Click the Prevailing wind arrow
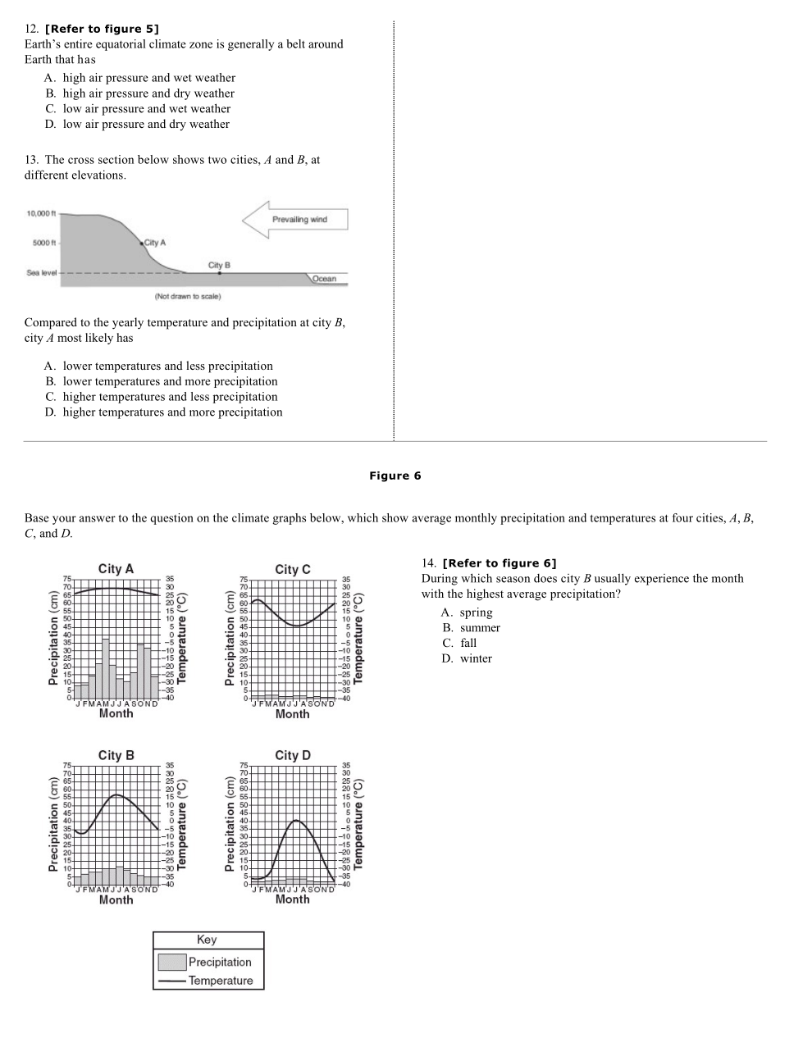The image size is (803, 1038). point(295,220)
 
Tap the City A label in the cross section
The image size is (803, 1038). point(155,243)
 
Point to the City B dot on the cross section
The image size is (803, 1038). point(219,273)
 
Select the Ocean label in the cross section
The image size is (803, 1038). point(324,279)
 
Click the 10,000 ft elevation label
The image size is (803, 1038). point(41,214)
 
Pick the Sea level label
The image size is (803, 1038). point(41,273)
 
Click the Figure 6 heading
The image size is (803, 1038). point(395,476)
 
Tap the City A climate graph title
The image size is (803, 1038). point(116,569)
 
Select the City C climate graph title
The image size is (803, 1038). point(293,569)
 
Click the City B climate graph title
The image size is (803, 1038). point(116,755)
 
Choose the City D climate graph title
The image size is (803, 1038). point(293,755)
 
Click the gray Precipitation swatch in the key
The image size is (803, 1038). point(171,962)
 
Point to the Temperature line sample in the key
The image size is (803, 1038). point(171,981)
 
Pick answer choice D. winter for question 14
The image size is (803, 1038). point(467,658)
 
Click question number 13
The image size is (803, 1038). point(32,160)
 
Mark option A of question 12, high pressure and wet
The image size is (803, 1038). point(140,78)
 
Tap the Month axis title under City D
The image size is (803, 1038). point(293,899)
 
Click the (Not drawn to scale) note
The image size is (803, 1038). point(188,296)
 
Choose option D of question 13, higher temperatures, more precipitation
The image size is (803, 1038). point(164,412)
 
